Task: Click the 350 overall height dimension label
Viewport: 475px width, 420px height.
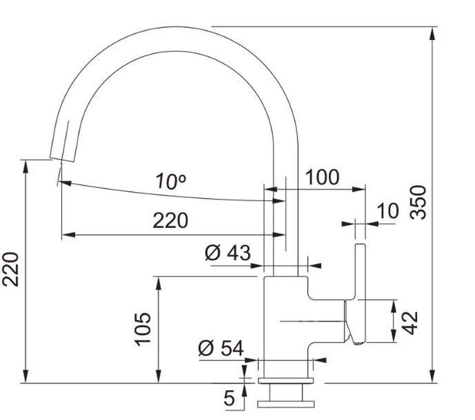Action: click(418, 202)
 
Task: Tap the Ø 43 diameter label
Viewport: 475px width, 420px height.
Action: click(228, 253)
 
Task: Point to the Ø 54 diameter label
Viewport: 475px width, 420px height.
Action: click(221, 348)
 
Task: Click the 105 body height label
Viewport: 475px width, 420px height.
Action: click(142, 329)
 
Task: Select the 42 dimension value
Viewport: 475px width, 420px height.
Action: click(411, 322)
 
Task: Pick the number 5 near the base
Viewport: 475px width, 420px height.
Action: click(229, 398)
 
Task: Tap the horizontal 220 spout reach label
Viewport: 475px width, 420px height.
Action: click(170, 220)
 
